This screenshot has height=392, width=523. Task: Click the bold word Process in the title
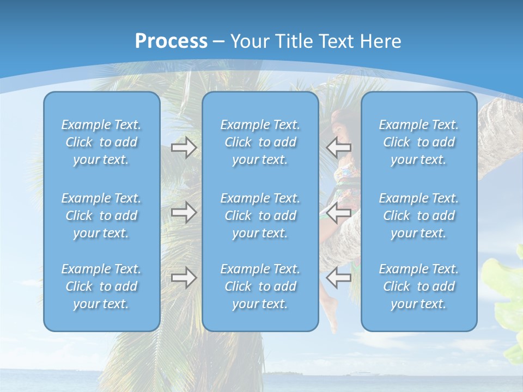(x=171, y=41)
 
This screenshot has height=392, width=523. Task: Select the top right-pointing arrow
(x=184, y=148)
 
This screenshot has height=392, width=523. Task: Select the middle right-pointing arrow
(x=184, y=212)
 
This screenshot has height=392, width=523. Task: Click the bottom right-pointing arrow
(x=184, y=278)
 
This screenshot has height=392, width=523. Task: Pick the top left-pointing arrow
(x=339, y=148)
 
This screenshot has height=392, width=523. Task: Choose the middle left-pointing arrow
(x=339, y=212)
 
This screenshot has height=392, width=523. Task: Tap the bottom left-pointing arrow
(x=339, y=278)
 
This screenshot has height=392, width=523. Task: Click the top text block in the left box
(x=101, y=142)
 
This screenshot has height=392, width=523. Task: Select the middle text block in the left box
(x=101, y=216)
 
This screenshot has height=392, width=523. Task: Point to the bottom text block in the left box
(x=101, y=286)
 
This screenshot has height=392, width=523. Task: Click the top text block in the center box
(x=260, y=142)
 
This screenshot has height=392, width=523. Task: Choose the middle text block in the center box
(x=260, y=216)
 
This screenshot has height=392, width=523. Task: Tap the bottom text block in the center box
(x=260, y=286)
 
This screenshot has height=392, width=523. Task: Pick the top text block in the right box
(x=419, y=142)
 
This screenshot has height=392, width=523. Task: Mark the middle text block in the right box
(x=419, y=216)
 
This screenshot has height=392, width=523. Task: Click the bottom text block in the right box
(x=419, y=286)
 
